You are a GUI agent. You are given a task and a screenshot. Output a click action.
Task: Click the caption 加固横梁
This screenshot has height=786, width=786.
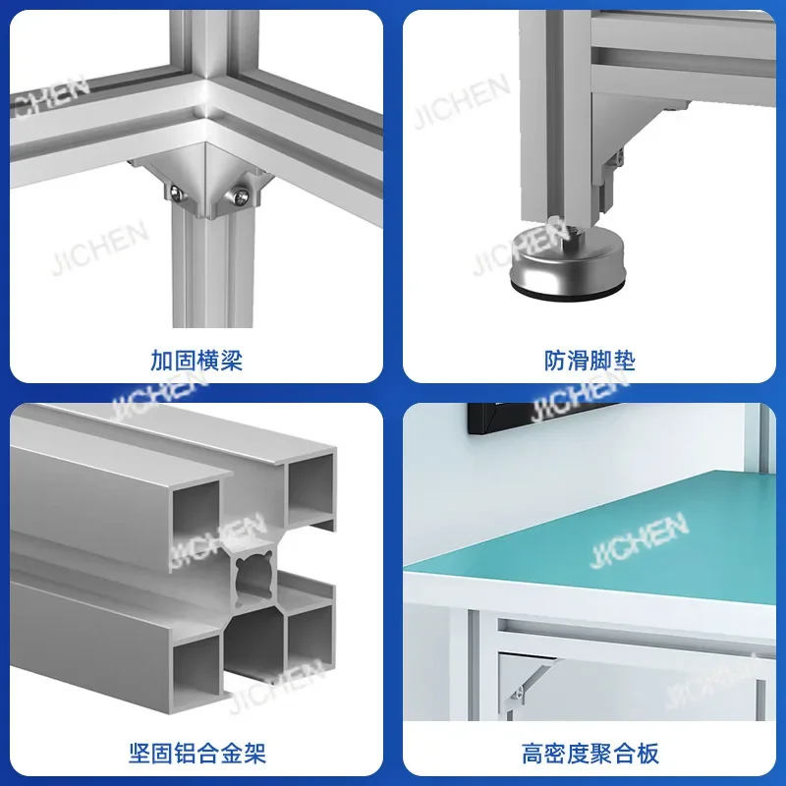coord(196,361)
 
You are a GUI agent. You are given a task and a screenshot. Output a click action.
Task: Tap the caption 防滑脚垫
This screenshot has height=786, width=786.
coord(589,361)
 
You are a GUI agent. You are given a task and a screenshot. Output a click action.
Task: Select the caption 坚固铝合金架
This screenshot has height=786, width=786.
coord(196,754)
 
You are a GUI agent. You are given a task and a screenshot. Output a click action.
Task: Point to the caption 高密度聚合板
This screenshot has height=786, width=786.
coord(589,754)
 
